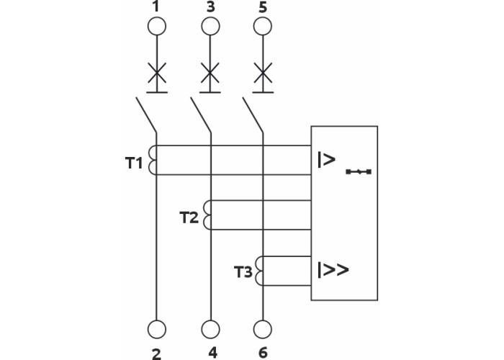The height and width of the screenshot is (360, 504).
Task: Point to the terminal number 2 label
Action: pos(156,352)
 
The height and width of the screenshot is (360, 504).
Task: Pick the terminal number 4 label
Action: pos(210,352)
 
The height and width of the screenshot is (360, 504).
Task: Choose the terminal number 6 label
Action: pos(264,352)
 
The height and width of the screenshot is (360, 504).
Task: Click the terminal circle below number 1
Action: pos(156,27)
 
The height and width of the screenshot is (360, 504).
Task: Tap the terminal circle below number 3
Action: pos(210,27)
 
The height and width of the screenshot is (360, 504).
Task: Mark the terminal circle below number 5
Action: pos(264,27)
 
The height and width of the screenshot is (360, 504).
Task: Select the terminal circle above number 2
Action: pos(156,329)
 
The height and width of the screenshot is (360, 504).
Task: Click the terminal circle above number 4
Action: pos(210,329)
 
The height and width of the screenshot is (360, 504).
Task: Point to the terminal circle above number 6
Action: pos(264,329)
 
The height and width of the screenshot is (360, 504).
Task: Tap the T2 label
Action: pos(188,217)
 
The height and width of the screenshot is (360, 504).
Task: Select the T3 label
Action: pos(243,273)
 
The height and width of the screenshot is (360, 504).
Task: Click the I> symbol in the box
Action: pos(325,160)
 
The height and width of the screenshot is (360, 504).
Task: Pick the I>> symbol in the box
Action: pos(332,270)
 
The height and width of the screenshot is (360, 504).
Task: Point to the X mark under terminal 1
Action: pos(156,73)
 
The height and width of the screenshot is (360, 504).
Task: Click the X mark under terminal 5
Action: pos(264,73)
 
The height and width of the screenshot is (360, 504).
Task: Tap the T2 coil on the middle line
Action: pos(208,215)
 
